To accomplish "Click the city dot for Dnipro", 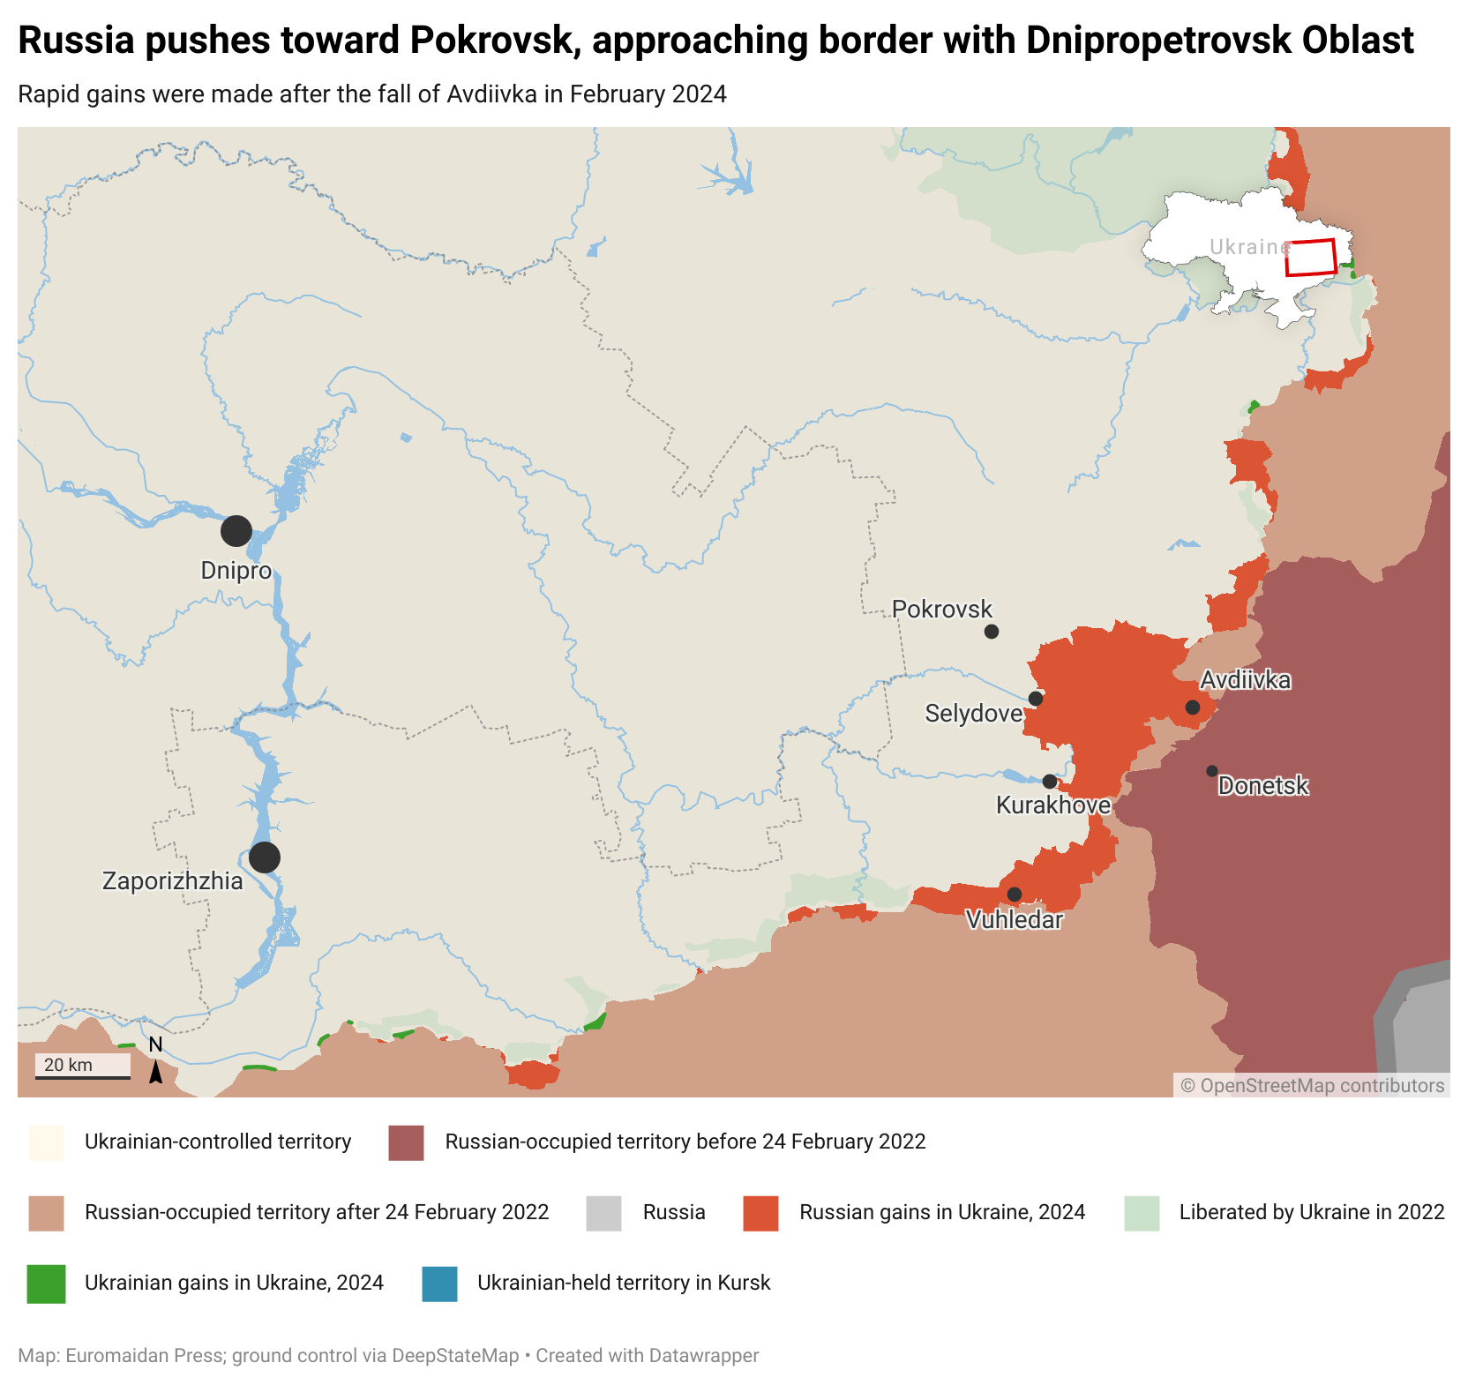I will pos(236,531).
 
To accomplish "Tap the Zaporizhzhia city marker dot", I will pos(265,857).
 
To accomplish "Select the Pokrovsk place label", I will pos(941,610).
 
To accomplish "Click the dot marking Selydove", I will pos(1036,699).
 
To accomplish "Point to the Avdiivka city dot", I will pos(1193,707).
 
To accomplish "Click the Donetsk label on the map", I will pos(1262,786).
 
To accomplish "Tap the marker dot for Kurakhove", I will pos(1050,782).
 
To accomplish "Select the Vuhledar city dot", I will pos(1015,895).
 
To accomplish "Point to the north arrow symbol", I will pos(155,1070).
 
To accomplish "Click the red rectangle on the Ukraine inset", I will pos(1310,258).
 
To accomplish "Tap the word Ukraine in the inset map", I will pos(1248,247).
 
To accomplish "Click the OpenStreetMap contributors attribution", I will pos(1313,1086).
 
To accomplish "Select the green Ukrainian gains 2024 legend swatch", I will pos(46,1284).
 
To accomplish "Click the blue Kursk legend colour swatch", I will pos(439,1284).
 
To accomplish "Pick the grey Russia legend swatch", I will pos(603,1213).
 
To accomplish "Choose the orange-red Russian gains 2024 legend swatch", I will pos(760,1213).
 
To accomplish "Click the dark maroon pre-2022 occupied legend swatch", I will pos(406,1142).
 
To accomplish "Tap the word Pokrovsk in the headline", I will pos(492,41).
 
